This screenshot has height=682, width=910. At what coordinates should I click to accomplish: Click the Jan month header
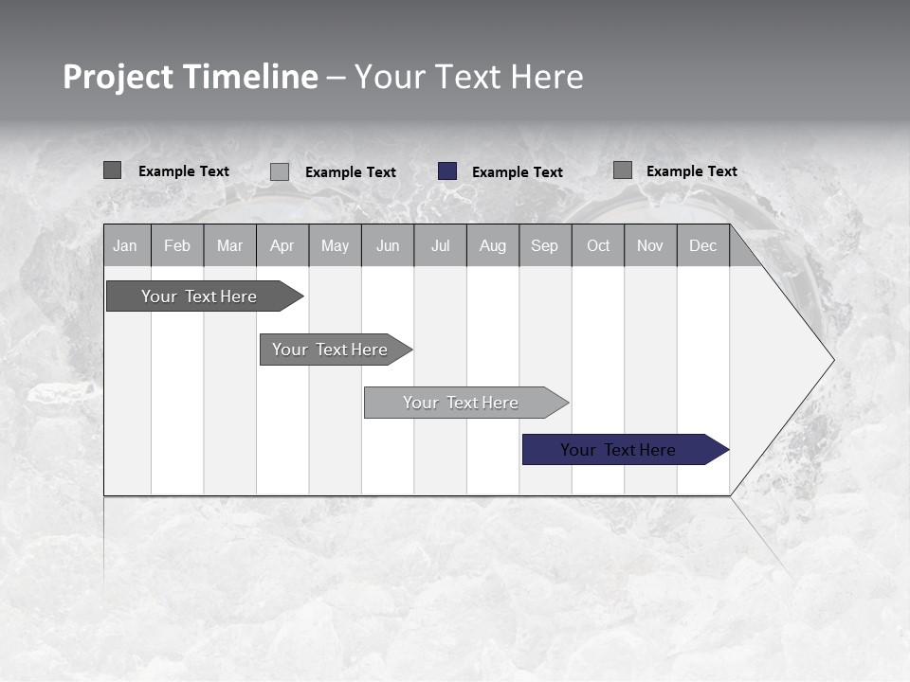(125, 245)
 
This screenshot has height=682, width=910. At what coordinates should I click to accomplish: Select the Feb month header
(177, 245)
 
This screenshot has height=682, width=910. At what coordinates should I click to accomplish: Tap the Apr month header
(282, 245)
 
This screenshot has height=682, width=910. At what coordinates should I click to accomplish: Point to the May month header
(335, 245)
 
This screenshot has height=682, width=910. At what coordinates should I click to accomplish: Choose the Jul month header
(440, 245)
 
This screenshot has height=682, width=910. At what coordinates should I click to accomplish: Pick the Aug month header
(492, 245)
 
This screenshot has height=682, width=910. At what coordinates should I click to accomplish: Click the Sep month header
(544, 245)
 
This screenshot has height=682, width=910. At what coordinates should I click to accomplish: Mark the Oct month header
(598, 245)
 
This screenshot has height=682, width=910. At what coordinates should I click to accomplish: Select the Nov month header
(650, 245)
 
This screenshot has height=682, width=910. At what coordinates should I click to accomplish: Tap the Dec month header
(702, 245)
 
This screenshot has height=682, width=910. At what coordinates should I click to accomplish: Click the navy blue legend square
(447, 171)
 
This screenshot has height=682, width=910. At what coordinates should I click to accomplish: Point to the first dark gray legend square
(113, 170)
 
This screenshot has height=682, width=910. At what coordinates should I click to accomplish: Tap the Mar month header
(229, 245)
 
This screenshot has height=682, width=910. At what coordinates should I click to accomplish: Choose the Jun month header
(388, 245)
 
